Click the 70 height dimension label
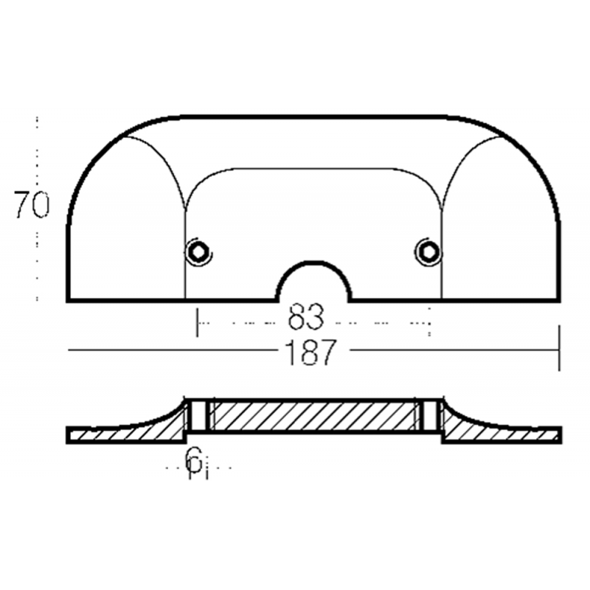32,205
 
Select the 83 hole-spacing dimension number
305,317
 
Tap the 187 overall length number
310,353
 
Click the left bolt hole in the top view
198,251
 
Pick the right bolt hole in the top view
428,251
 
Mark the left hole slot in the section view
198,415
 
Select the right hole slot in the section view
428,415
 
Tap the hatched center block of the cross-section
314,415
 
